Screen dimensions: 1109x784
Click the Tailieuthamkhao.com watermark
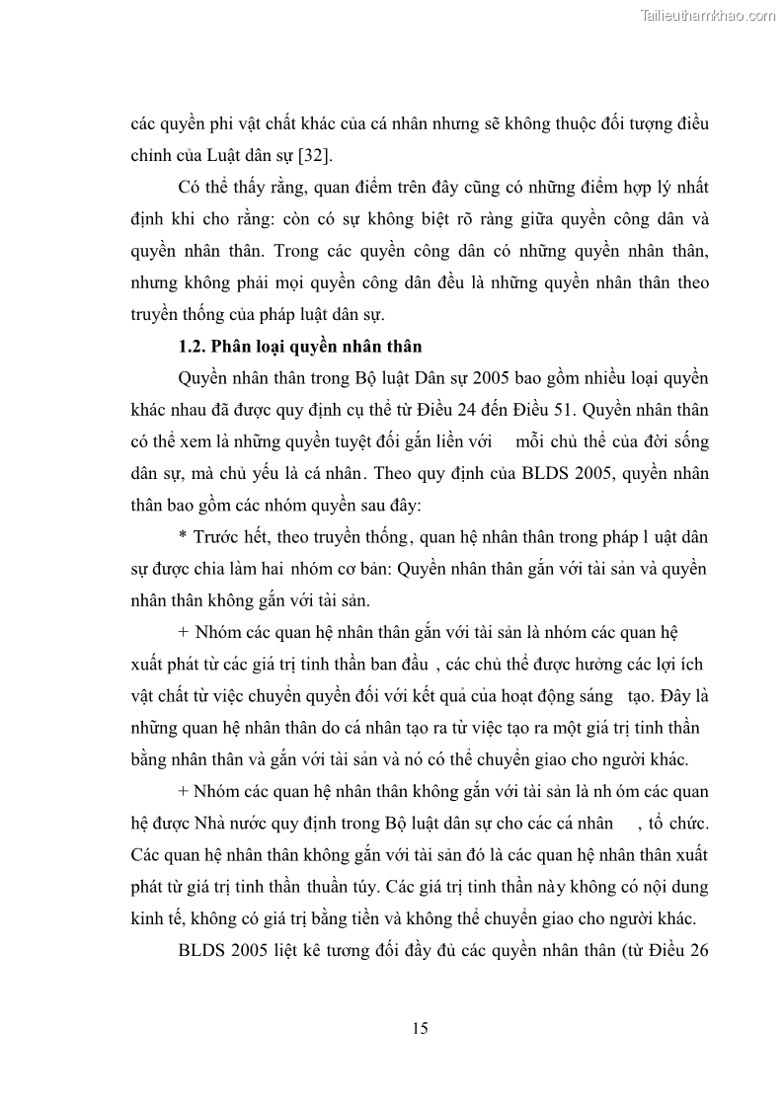coord(708,16)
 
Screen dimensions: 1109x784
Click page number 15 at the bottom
coord(420,1028)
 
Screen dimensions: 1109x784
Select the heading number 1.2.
coord(191,346)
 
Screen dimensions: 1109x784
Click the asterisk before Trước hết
coord(183,538)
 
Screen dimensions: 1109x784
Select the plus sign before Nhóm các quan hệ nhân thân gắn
coord(184,632)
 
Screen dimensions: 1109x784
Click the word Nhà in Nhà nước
coord(220,823)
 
